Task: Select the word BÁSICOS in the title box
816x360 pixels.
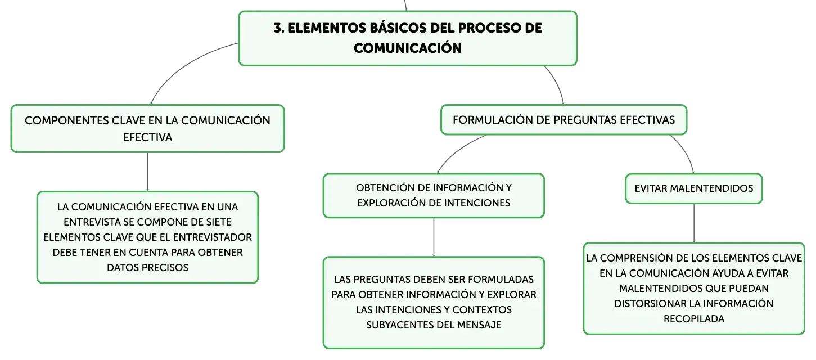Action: [x=398, y=28]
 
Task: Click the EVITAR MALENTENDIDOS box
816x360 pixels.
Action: [x=693, y=188]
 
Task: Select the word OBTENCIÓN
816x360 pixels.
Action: [x=385, y=188]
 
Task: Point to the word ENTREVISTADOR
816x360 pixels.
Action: [x=212, y=237]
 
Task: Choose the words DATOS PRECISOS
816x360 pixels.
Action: [x=147, y=268]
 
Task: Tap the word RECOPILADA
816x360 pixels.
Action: [x=693, y=319]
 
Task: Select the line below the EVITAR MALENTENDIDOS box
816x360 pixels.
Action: [x=693, y=223]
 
